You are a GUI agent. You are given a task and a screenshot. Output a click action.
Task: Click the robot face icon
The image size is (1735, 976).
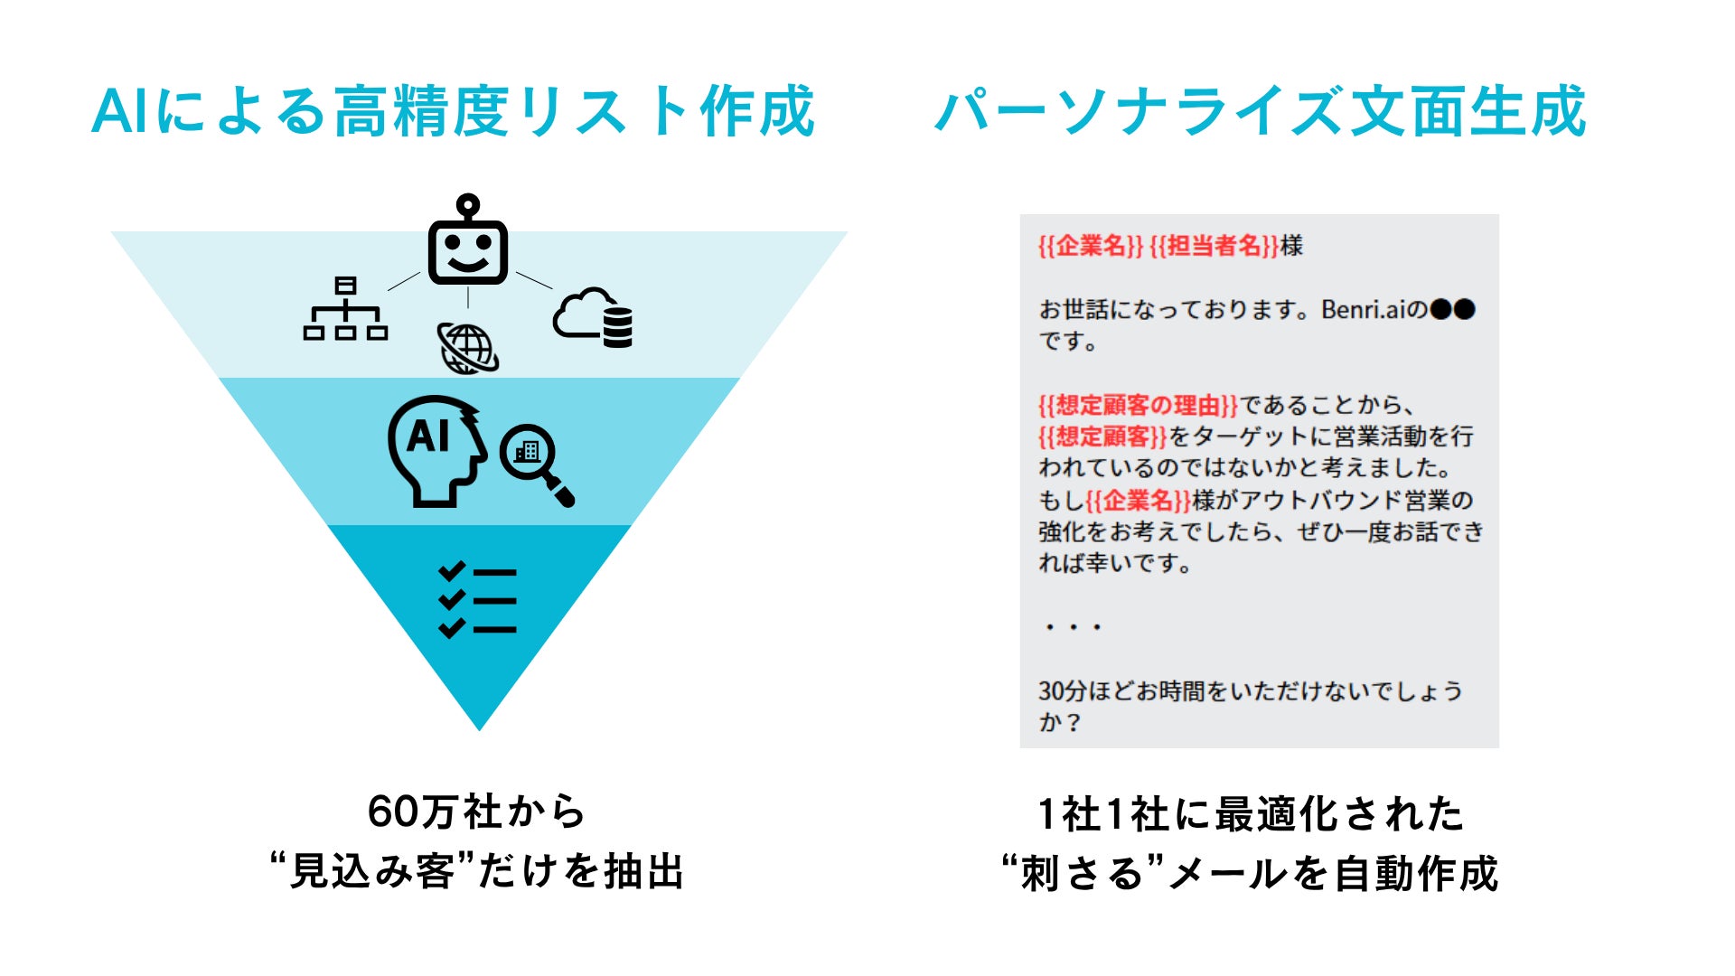(x=467, y=250)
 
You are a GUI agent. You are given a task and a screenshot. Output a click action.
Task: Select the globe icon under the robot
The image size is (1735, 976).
(x=468, y=348)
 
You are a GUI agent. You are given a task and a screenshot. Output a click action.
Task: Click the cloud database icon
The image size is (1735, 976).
(x=594, y=318)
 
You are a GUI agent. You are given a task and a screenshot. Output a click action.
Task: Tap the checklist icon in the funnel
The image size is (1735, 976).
(x=477, y=600)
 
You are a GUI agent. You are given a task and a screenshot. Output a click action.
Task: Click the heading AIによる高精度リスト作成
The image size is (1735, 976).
(x=454, y=112)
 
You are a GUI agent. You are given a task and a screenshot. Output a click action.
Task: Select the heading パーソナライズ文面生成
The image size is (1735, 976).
(x=1260, y=112)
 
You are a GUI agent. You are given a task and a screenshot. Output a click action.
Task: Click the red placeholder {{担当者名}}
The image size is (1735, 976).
(x=1214, y=246)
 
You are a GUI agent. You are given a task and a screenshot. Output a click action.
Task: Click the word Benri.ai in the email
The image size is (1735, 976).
(x=1364, y=310)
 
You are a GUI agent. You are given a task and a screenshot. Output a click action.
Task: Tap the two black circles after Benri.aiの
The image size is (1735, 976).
(x=1453, y=310)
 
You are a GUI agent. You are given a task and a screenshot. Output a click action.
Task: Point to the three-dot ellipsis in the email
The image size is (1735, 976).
(x=1073, y=627)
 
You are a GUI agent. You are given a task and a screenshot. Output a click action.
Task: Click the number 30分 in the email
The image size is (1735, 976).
(x=1062, y=691)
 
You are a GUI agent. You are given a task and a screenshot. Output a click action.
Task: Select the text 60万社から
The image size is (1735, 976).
(x=477, y=812)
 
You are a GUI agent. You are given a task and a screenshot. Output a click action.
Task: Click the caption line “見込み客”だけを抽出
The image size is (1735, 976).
(x=477, y=871)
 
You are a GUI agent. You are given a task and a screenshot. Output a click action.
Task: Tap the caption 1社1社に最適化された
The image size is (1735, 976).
(x=1251, y=813)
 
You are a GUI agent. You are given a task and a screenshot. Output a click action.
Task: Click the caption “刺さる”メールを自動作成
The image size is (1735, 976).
(x=1251, y=873)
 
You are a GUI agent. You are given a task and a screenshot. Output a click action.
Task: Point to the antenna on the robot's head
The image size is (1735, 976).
(x=467, y=206)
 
